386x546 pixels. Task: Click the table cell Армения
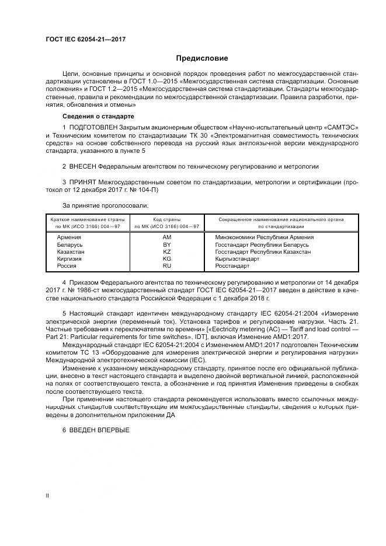(69, 237)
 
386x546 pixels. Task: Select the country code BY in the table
(166, 244)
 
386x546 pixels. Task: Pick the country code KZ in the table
(166, 251)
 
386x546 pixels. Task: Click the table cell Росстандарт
(232, 265)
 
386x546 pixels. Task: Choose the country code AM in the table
(166, 237)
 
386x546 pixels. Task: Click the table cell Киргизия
(69, 258)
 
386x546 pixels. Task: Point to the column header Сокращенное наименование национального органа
(281, 219)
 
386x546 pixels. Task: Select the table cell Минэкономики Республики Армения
(265, 237)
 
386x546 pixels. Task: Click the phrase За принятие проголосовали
(105, 205)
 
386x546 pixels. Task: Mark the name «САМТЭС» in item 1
(341, 127)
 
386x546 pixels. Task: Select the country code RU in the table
(166, 265)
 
